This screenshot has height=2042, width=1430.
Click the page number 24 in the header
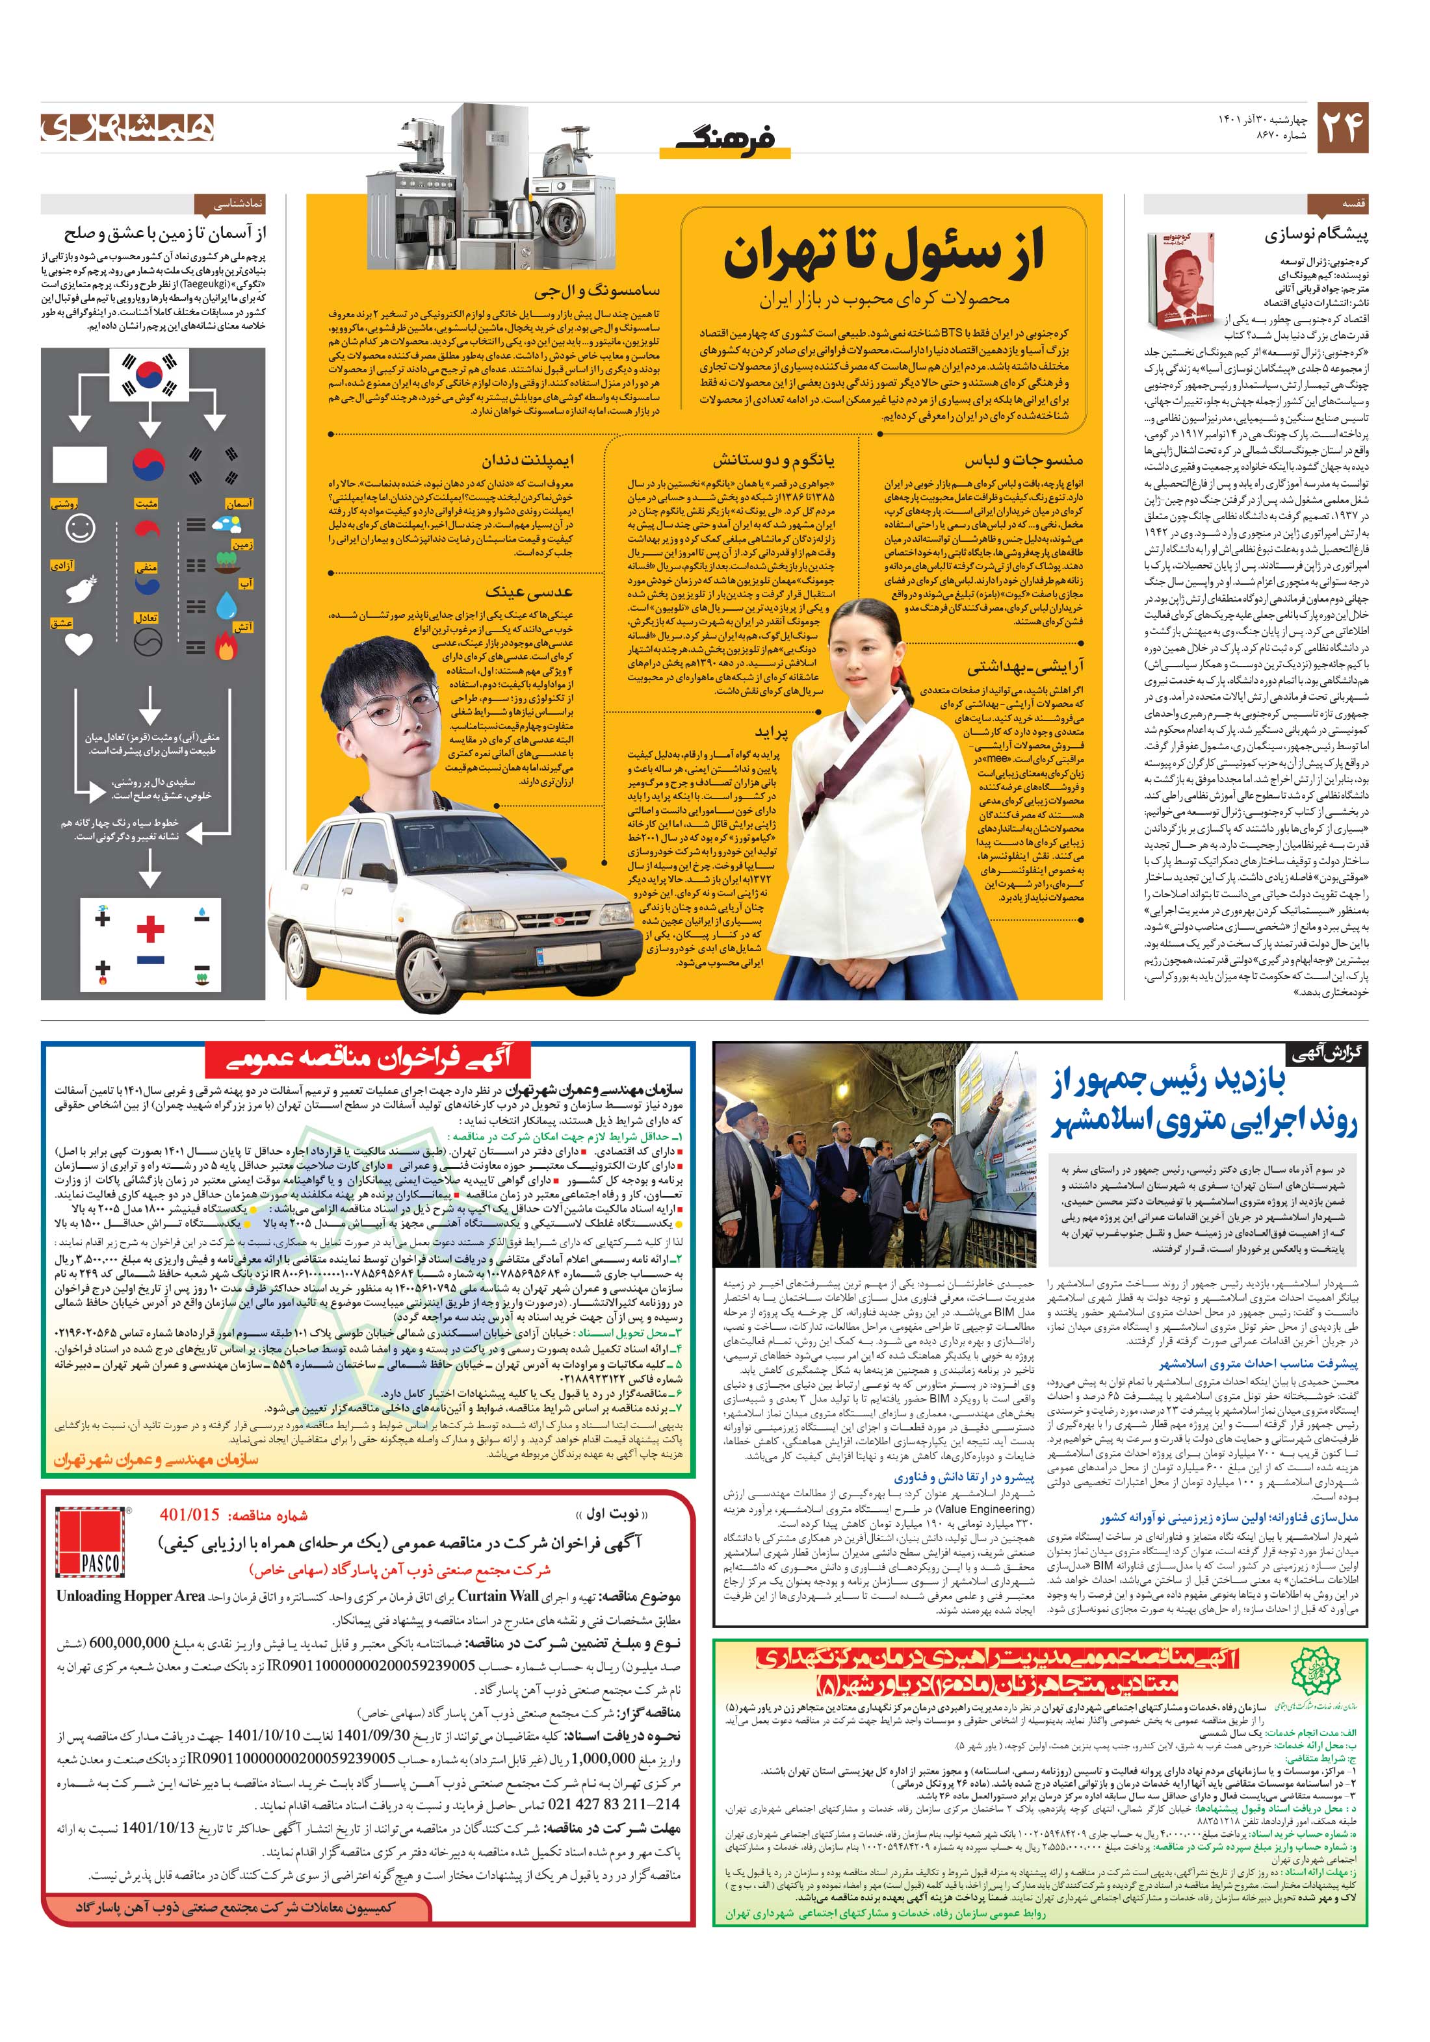[x=1342, y=128]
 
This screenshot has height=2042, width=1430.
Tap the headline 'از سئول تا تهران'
[x=883, y=253]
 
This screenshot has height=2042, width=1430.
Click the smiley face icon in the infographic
[x=80, y=528]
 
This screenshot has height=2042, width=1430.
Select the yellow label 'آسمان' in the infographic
[x=239, y=504]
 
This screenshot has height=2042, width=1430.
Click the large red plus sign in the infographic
[x=150, y=930]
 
